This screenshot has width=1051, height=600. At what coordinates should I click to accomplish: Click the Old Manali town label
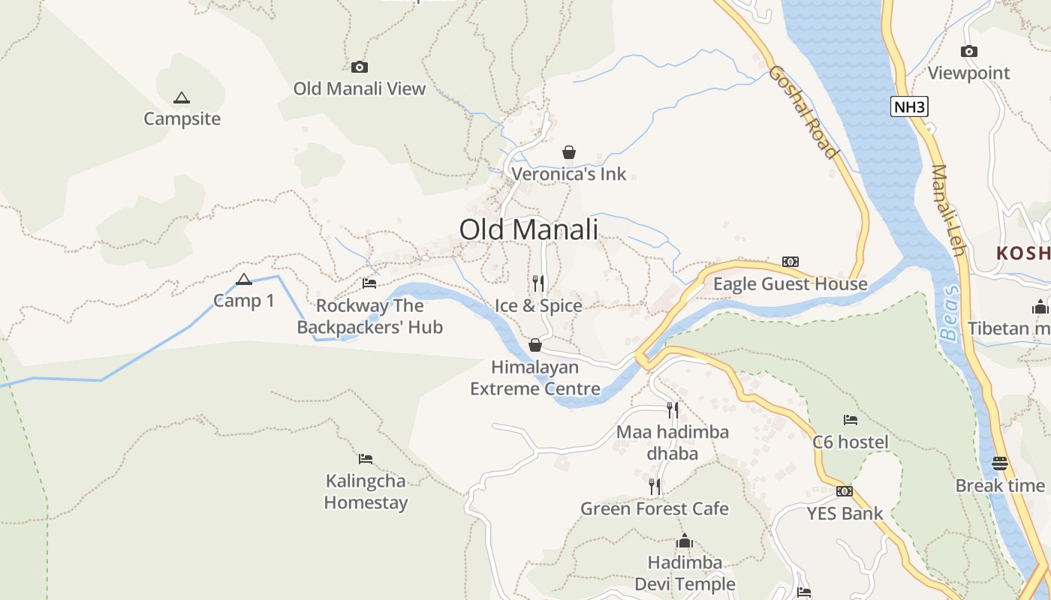(529, 229)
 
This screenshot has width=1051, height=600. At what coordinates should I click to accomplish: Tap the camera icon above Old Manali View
(360, 67)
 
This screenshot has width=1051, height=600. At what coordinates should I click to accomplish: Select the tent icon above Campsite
(181, 97)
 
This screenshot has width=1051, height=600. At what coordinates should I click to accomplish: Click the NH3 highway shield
(909, 106)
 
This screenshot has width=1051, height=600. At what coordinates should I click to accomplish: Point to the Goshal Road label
(803, 112)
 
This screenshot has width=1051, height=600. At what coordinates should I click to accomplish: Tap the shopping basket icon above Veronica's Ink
(569, 153)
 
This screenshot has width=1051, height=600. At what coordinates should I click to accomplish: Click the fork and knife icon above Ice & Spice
(538, 283)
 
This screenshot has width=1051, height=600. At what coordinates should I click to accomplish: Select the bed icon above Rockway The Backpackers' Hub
(369, 283)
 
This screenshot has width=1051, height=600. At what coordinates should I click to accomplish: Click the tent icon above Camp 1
(244, 280)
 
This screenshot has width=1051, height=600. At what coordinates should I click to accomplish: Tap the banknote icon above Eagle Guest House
(790, 262)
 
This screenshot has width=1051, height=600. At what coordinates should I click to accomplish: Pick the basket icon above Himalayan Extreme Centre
(535, 345)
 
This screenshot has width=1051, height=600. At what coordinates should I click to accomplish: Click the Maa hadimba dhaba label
(673, 442)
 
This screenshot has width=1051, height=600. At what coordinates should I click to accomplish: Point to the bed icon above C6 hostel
(850, 420)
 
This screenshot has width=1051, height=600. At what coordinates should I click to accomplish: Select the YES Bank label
(845, 514)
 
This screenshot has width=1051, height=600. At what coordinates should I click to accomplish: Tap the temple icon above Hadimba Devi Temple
(685, 541)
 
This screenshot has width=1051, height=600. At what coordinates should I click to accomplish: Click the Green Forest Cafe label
(655, 508)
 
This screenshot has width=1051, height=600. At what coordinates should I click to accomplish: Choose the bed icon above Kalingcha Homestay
(366, 459)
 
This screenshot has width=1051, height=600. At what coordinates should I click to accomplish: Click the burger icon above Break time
(999, 463)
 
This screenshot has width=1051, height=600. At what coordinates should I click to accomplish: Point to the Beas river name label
(951, 313)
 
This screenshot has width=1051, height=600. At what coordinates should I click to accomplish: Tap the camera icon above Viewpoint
(969, 51)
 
